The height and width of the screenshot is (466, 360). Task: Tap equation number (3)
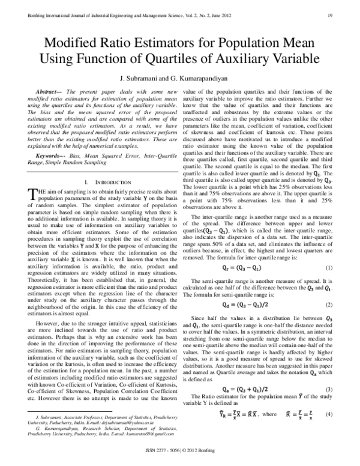(x=329, y=390)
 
